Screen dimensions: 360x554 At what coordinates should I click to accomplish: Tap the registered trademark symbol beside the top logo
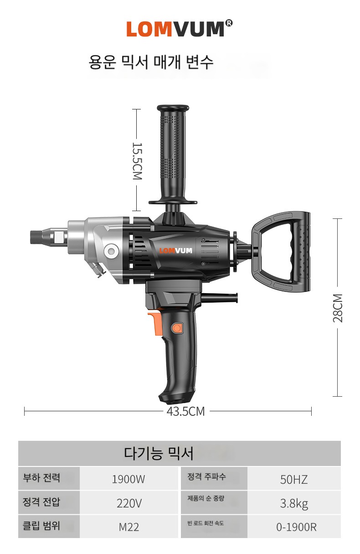pos(229,23)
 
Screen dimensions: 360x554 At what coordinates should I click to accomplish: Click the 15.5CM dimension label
pos(138,161)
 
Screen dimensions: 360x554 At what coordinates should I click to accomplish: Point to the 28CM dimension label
pos(338,308)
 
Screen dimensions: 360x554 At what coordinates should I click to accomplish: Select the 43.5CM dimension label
pos(185,412)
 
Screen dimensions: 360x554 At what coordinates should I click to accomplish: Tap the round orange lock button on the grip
pos(176,328)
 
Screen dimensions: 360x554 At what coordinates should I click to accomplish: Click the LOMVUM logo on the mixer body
pos(175,251)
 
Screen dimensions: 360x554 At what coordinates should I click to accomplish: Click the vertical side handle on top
pos(173,155)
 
